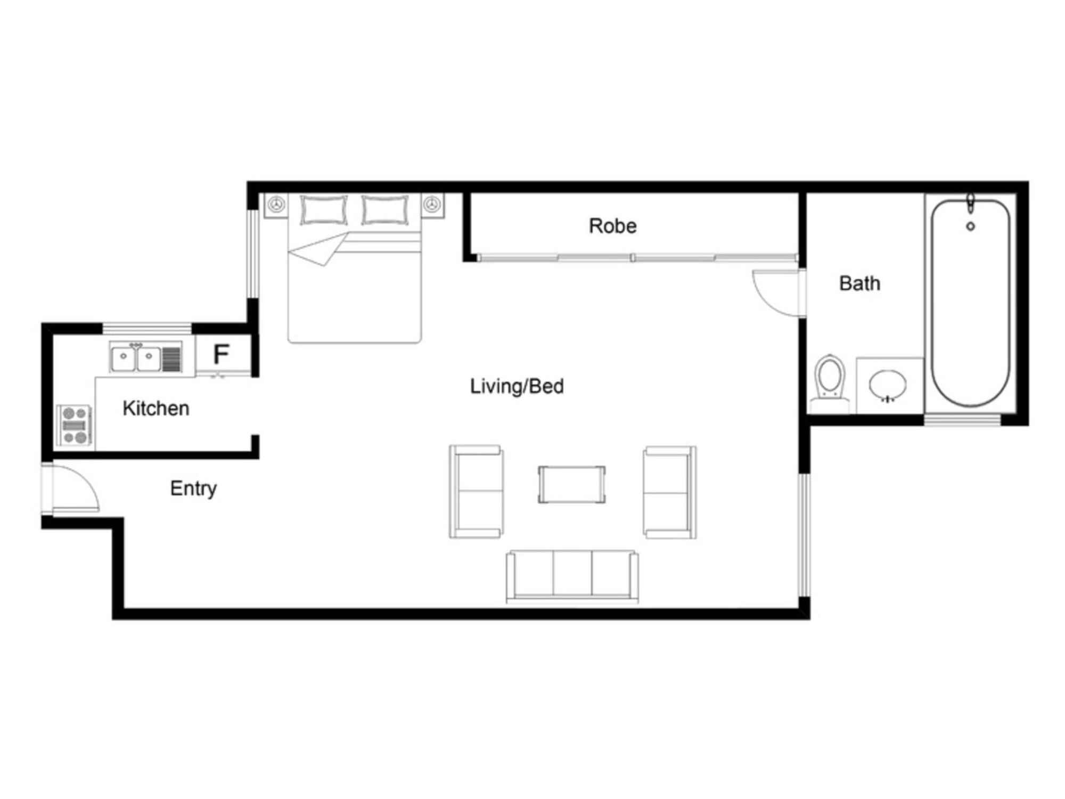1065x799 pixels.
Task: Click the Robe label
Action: (612, 226)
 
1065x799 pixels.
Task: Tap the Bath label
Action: (859, 283)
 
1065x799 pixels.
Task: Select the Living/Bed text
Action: (517, 386)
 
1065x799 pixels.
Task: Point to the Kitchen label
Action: (155, 408)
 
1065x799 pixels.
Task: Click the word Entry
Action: (193, 488)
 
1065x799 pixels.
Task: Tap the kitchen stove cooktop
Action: (75, 425)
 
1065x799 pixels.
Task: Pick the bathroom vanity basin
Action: (887, 385)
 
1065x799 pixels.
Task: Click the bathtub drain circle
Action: (970, 226)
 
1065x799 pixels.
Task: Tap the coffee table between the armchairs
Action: (571, 484)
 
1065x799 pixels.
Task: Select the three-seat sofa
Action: (572, 577)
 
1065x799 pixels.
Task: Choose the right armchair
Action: (669, 492)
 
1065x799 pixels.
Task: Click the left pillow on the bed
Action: (323, 209)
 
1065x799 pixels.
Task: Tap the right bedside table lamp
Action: (432, 204)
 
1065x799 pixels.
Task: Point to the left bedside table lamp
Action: (276, 204)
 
